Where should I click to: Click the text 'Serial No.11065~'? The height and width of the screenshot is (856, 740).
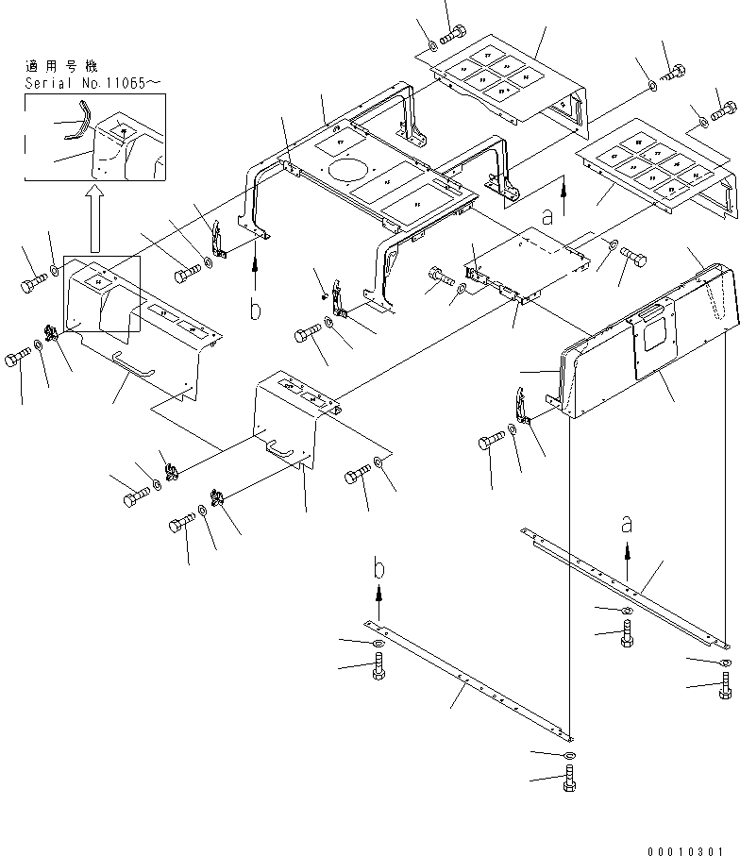pos(92,83)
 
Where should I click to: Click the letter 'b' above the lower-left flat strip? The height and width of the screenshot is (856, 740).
pos(378,569)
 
